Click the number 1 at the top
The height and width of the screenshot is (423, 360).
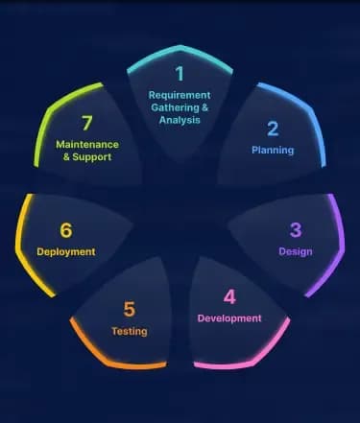pos(180,74)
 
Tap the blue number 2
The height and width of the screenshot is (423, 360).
pos(273,129)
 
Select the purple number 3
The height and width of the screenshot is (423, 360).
pos(296,230)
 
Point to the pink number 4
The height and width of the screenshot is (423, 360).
pos(229,297)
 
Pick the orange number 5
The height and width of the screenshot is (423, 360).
pos(130,310)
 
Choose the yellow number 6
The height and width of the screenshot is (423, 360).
pos(66,230)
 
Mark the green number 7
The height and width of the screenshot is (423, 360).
pos(87,123)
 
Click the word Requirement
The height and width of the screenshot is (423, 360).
pos(180,95)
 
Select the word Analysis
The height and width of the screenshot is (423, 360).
pos(180,120)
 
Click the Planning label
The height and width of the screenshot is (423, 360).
pos(273,151)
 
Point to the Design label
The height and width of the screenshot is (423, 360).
pos(296,251)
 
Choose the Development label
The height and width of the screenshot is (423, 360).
pos(229,318)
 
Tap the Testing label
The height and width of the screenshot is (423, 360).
pos(130,331)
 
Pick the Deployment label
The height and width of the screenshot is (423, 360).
pos(66,252)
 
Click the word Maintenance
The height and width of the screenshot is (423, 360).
pos(87,145)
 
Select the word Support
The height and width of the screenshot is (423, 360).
pos(92,157)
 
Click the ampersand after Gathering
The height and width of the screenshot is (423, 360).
pos(204,107)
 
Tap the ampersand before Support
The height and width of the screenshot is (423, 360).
pos(66,157)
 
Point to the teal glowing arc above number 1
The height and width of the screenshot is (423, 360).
pos(180,49)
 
